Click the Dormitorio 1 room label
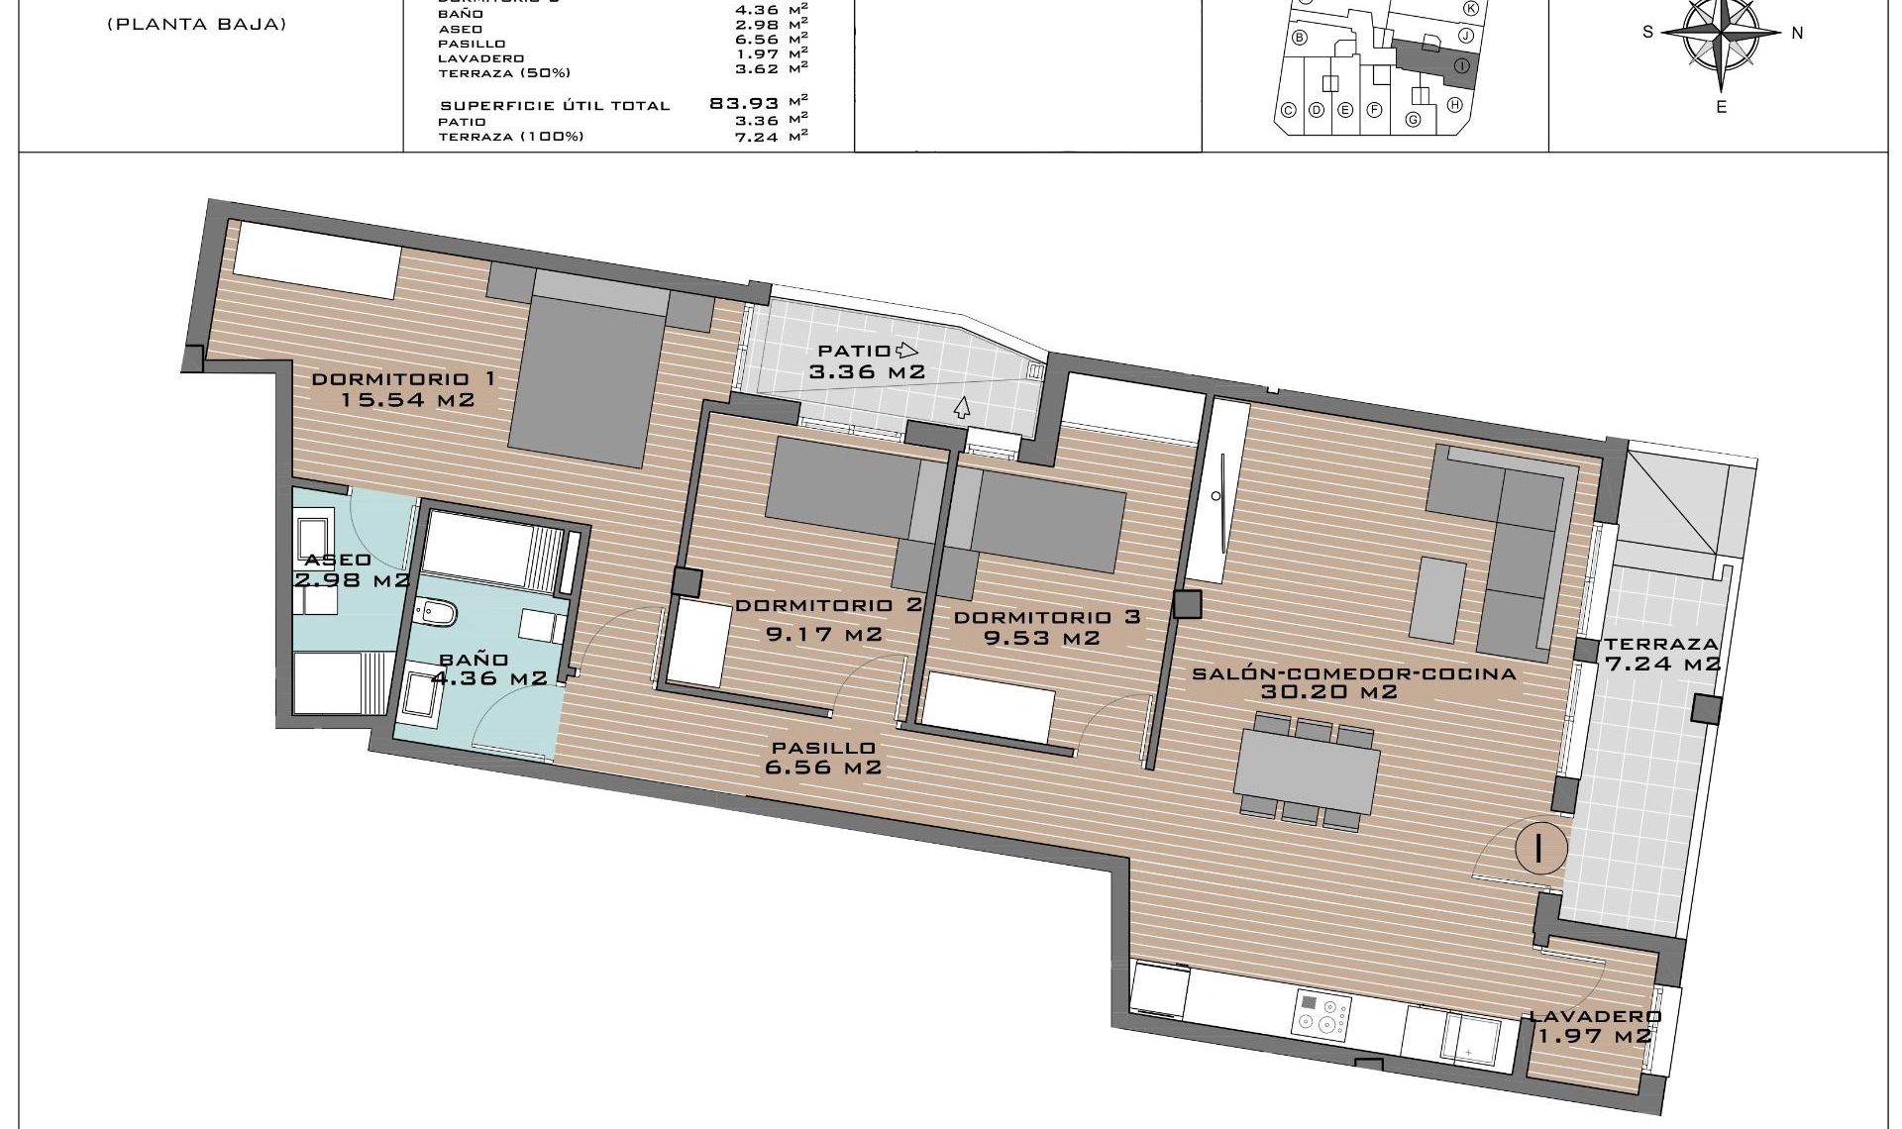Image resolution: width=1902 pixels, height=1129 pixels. pyautogui.click(x=403, y=379)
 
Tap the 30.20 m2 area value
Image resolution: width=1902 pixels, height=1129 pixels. pyautogui.click(x=1328, y=692)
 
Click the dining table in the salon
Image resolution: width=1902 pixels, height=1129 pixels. pyautogui.click(x=1307, y=769)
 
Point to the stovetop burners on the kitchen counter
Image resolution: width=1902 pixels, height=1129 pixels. pyautogui.click(x=1322, y=1017)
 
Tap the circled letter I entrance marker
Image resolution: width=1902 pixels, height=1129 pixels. pyautogui.click(x=1540, y=848)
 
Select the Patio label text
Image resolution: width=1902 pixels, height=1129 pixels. pyautogui.click(x=854, y=351)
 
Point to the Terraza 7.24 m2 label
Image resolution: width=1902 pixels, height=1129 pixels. pyautogui.click(x=1662, y=654)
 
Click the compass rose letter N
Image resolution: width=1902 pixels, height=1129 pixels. pyautogui.click(x=1797, y=33)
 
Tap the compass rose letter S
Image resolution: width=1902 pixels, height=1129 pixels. pyautogui.click(x=1647, y=32)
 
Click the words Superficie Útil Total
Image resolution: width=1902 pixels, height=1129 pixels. pyautogui.click(x=555, y=106)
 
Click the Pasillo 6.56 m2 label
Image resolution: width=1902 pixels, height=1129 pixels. pyautogui.click(x=823, y=758)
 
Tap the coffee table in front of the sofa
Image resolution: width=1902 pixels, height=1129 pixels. pyautogui.click(x=1437, y=598)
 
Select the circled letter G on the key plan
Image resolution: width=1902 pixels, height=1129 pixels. pyautogui.click(x=1414, y=120)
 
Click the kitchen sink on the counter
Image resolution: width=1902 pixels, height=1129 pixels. pyautogui.click(x=1469, y=1037)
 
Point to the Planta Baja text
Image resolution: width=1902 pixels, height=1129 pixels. pyautogui.click(x=196, y=25)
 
